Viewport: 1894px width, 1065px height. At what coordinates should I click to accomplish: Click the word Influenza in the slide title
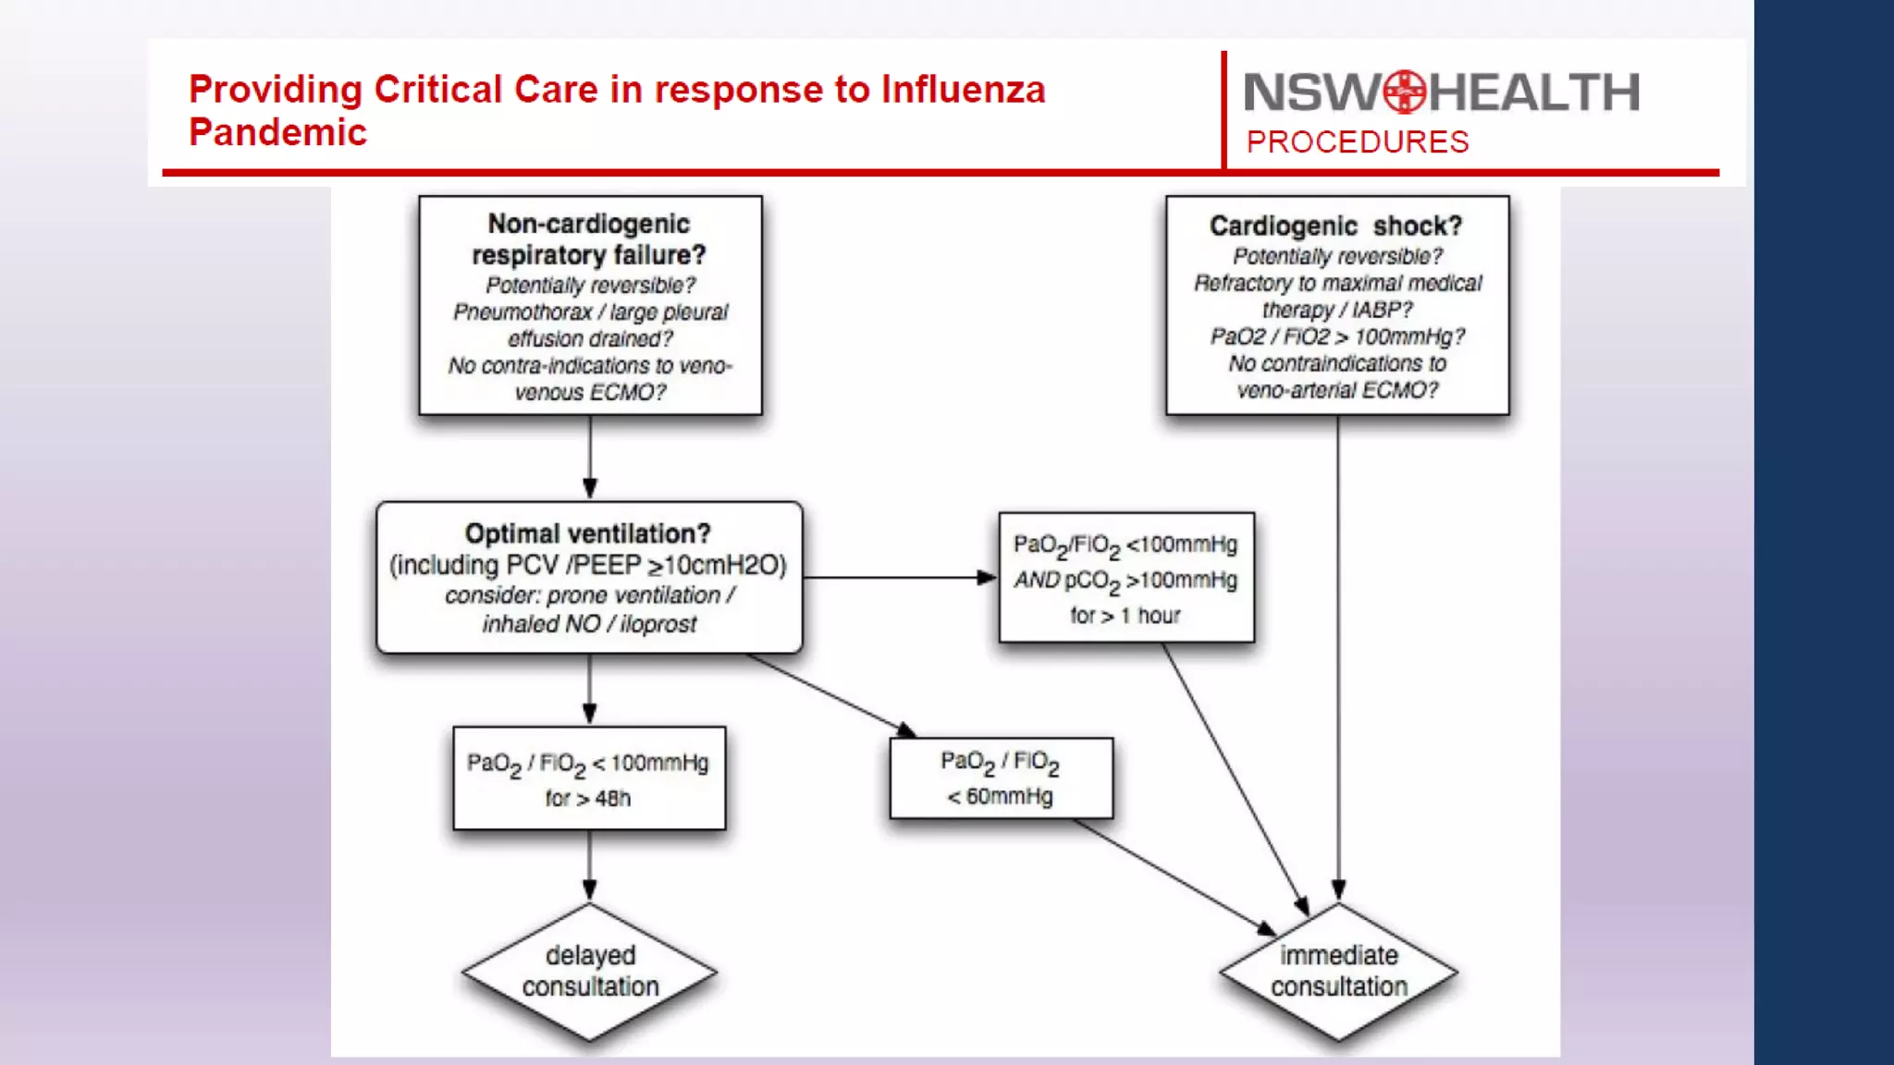pyautogui.click(x=963, y=90)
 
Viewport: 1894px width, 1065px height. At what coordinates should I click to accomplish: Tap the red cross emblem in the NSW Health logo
pyautogui.click(x=1405, y=92)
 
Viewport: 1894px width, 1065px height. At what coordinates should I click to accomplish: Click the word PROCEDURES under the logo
pyautogui.click(x=1357, y=142)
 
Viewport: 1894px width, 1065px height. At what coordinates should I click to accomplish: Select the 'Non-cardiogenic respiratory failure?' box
pyautogui.click(x=590, y=305)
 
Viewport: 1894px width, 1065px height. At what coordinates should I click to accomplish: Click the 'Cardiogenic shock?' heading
pyautogui.click(x=1335, y=226)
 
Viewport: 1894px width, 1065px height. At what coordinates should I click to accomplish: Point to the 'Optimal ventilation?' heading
pyautogui.click(x=587, y=533)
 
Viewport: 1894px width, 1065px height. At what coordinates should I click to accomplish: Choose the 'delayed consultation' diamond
pyautogui.click(x=590, y=972)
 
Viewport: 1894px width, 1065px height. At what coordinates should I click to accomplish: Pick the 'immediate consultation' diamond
pyautogui.click(x=1338, y=972)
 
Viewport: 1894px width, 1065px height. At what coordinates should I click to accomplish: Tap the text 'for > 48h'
pyautogui.click(x=587, y=799)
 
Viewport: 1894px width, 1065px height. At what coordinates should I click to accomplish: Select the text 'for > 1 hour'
pyautogui.click(x=1125, y=616)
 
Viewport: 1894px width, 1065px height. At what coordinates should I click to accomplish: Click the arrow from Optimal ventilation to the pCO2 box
pyautogui.click(x=897, y=578)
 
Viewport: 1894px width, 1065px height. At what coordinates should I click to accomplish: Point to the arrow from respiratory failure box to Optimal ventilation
pyautogui.click(x=590, y=458)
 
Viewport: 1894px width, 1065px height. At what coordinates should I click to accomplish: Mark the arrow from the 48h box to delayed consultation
pyautogui.click(x=590, y=866)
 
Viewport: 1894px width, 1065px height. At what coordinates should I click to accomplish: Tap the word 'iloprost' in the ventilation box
pyautogui.click(x=658, y=625)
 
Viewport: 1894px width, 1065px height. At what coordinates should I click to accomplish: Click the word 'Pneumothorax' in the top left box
pyautogui.click(x=523, y=312)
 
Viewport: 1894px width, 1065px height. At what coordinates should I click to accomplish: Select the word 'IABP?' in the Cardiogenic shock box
pyautogui.click(x=1382, y=310)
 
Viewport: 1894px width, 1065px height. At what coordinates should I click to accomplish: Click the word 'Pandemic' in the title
pyautogui.click(x=277, y=133)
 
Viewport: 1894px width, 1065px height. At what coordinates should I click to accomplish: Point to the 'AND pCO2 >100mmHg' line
pyautogui.click(x=1125, y=581)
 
